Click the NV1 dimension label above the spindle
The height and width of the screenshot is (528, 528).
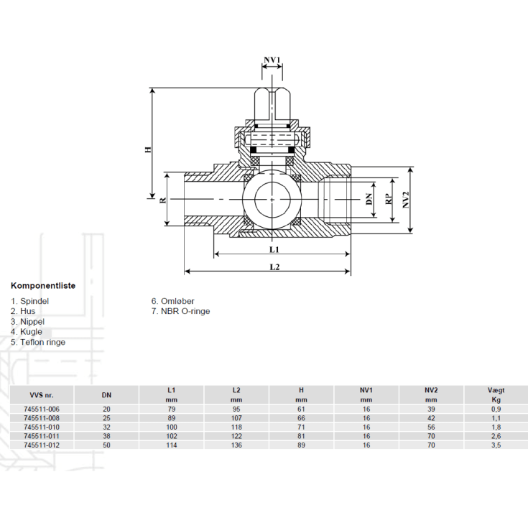coord(272,60)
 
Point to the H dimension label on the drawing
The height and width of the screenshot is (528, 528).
coord(148,149)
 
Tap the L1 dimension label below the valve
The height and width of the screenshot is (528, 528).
coord(274,249)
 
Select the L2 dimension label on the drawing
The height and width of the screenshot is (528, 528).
coord(274,267)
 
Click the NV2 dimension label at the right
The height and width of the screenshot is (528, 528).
coord(406,200)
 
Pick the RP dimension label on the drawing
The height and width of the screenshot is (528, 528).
coord(389,199)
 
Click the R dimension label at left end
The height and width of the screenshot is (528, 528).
coord(163,200)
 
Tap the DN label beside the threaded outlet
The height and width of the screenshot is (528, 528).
coord(369,199)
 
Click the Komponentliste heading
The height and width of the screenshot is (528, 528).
coord(43,286)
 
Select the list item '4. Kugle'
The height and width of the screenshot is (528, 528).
coord(27,332)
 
